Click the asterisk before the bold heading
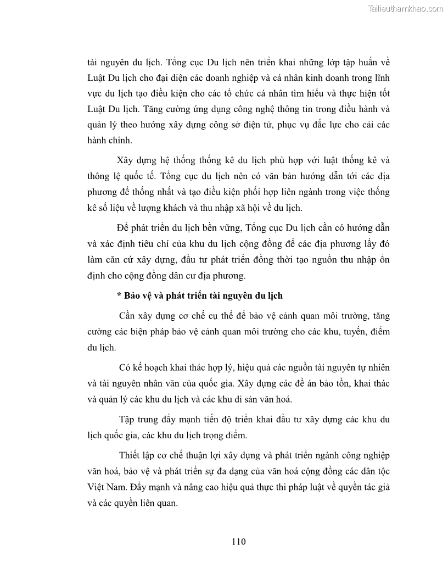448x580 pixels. click(119, 296)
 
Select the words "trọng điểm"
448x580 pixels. click(227, 436)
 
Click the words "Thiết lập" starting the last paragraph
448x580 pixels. click(138, 455)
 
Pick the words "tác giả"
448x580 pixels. click(375, 486)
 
